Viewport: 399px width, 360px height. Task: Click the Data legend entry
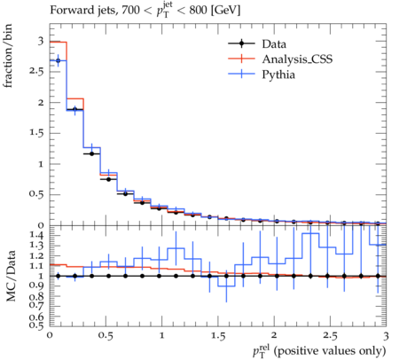click(257, 43)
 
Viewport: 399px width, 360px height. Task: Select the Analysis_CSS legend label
click(297, 59)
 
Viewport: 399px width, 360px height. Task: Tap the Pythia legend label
click(278, 74)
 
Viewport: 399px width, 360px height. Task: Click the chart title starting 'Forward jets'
click(145, 11)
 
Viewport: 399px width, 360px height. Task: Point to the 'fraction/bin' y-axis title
click(7, 56)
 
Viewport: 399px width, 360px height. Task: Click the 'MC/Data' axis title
click(11, 276)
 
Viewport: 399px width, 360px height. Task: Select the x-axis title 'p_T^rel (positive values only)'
click(319, 351)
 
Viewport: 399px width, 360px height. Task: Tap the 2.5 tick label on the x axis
click(330, 336)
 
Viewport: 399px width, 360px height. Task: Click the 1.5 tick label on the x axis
click(218, 336)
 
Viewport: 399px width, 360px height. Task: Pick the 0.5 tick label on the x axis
click(106, 336)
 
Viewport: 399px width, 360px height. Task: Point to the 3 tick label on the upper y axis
click(41, 41)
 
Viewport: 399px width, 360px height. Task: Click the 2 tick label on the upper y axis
click(41, 103)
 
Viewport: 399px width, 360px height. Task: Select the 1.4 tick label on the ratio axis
click(37, 235)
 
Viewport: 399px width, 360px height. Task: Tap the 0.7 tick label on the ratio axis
click(37, 306)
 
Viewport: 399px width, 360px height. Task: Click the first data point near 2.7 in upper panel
click(58, 60)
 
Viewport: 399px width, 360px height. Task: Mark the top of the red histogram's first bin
click(59, 42)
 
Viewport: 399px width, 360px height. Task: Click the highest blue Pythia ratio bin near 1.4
click(310, 233)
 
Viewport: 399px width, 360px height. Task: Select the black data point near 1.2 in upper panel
click(91, 153)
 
